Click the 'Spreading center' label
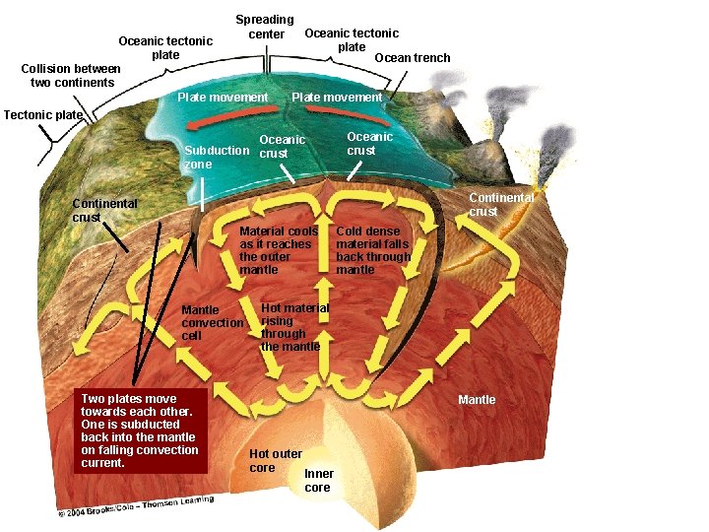click(264, 27)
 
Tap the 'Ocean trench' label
click(412, 58)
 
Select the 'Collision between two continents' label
click(71, 75)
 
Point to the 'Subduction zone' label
click(216, 157)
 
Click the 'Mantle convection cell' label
click(212, 323)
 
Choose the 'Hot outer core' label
click(275, 460)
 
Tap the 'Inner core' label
click(318, 480)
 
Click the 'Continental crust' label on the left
click(104, 210)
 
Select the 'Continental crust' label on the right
click(500, 204)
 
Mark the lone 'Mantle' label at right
click(477, 399)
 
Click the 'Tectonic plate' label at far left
click(43, 114)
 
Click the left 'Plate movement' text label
click(223, 97)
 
